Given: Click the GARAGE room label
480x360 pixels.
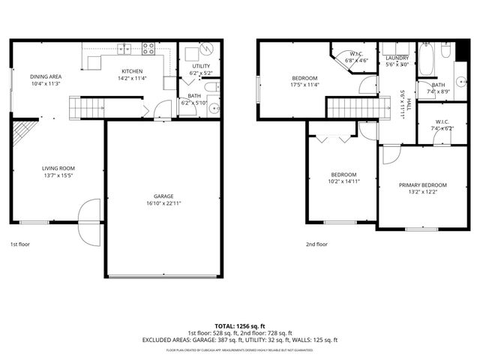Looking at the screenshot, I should [x=163, y=197].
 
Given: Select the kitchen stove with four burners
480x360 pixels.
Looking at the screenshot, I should [x=148, y=49].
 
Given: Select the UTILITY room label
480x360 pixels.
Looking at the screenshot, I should [x=200, y=66].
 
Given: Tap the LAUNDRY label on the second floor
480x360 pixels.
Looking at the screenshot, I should [x=396, y=58].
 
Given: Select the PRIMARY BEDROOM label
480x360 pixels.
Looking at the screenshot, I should [x=422, y=185].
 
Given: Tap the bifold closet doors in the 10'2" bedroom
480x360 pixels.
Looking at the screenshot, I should [x=331, y=138].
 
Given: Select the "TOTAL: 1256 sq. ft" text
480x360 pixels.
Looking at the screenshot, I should [x=239, y=325].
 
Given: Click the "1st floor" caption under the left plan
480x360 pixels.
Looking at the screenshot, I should [x=21, y=244].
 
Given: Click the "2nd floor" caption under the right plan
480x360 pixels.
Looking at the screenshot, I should [x=316, y=244].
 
